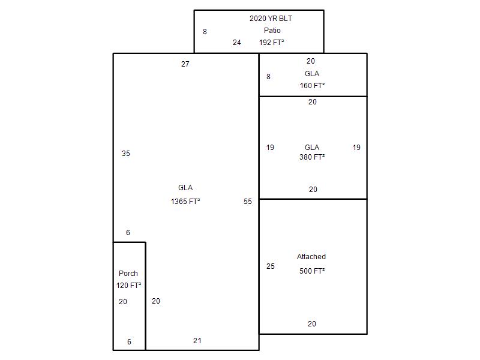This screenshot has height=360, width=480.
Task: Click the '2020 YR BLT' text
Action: coord(271,19)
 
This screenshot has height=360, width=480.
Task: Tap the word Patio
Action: coord(272,31)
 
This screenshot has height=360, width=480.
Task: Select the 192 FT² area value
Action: coord(271,42)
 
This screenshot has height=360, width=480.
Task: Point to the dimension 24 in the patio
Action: coord(236,43)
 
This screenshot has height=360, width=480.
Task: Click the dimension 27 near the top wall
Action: coord(185,64)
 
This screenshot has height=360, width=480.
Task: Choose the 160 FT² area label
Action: coord(312,85)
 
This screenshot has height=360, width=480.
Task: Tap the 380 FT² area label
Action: coord(312,157)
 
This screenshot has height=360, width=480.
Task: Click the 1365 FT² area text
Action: coord(185,201)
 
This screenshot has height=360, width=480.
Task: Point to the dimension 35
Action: coord(126,154)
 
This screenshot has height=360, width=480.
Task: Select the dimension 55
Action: coord(248,202)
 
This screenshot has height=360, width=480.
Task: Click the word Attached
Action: coord(311,257)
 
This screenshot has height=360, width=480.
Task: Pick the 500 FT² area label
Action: coord(312,271)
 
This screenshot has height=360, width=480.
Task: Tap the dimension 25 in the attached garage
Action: coord(271,266)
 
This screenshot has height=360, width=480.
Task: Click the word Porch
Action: coord(128,274)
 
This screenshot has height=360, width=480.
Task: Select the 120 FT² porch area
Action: coord(128,286)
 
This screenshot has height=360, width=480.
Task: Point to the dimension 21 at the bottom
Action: coord(197,341)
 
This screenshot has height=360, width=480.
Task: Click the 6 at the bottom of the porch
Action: coord(129,341)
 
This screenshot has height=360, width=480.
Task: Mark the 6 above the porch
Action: coord(128,233)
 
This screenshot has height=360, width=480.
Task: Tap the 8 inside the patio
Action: coord(205,32)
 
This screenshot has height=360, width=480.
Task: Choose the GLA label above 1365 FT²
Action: coord(185,188)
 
